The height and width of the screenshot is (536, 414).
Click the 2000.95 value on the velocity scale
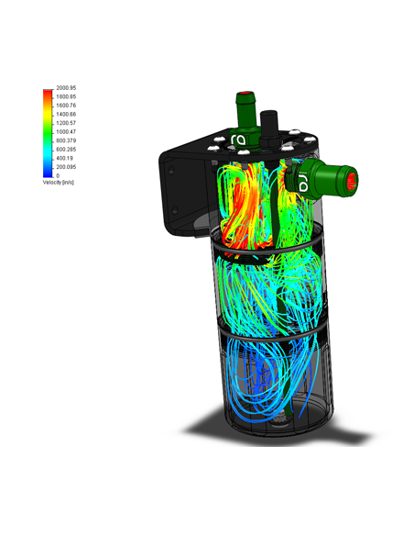point(66,88)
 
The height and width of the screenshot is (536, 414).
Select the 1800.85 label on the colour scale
point(66,96)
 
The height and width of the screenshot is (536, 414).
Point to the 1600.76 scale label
point(66,106)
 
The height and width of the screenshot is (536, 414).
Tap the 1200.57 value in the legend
point(66,123)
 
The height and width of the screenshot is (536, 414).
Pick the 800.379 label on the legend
point(66,140)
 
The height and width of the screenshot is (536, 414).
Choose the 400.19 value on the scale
point(65,158)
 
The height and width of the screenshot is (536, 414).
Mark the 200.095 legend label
point(66,167)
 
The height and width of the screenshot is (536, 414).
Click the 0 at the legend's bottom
point(58,175)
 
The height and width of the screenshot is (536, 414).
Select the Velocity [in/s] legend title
point(59,183)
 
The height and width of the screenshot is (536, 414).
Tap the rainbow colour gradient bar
point(48,133)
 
